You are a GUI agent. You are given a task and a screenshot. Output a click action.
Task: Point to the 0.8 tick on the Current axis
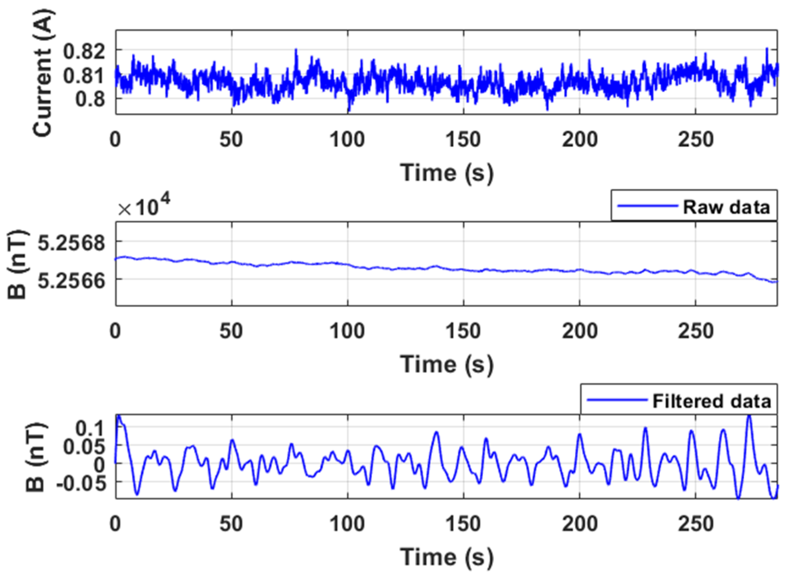coord(90,99)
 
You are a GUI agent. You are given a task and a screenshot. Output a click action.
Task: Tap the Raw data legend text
coord(726,207)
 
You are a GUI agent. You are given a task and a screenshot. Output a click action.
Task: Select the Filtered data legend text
coord(711,401)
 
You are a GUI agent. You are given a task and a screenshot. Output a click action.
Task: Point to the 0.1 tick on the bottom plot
coord(90,428)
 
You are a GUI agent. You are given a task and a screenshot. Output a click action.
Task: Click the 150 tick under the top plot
coord(463,140)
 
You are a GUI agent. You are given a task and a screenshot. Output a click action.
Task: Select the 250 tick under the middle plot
coord(695,331)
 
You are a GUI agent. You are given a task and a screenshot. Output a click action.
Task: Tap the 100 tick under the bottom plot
coord(347,524)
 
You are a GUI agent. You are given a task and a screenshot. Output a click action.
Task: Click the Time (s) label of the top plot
coord(446,173)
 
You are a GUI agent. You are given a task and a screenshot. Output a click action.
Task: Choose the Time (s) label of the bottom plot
coord(446,557)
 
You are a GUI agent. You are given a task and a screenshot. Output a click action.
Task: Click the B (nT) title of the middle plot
coord(17,264)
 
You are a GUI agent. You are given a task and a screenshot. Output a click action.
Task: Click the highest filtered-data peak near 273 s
coord(749,416)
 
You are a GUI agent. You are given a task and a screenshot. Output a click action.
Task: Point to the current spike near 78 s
coord(296,50)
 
